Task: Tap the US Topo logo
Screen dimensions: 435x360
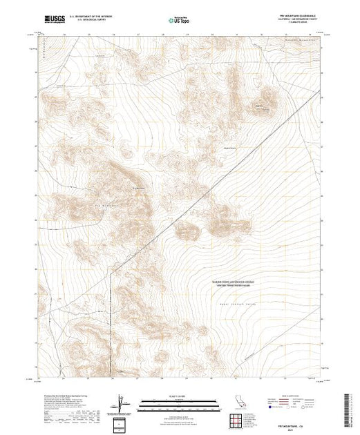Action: (x=179, y=21)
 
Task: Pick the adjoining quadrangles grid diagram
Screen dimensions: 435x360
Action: (x=237, y=420)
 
